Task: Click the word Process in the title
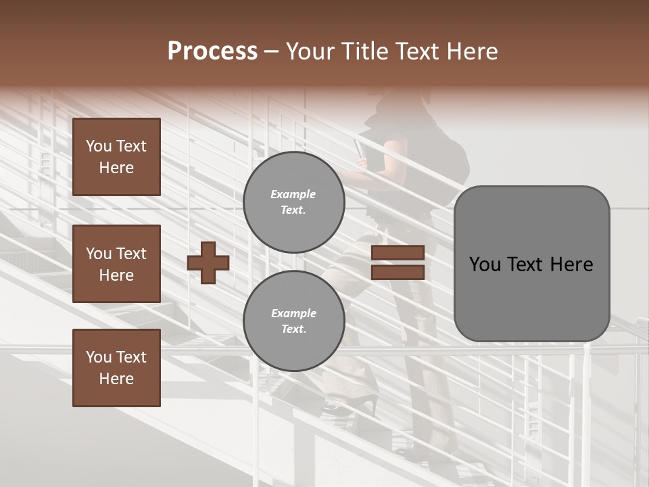click(x=212, y=51)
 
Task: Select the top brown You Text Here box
click(x=116, y=157)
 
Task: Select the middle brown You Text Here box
click(x=116, y=264)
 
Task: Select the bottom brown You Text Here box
click(x=116, y=367)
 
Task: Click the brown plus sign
click(x=208, y=262)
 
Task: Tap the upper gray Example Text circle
click(x=293, y=202)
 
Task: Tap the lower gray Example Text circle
click(x=293, y=321)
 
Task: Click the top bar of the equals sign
click(x=398, y=252)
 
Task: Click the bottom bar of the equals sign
click(x=398, y=272)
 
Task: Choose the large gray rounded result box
click(x=531, y=264)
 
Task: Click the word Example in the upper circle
click(x=293, y=194)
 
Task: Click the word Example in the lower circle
click(x=293, y=313)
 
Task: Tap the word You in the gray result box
click(x=485, y=264)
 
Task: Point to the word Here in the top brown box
click(x=116, y=168)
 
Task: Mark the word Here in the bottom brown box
click(x=116, y=379)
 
